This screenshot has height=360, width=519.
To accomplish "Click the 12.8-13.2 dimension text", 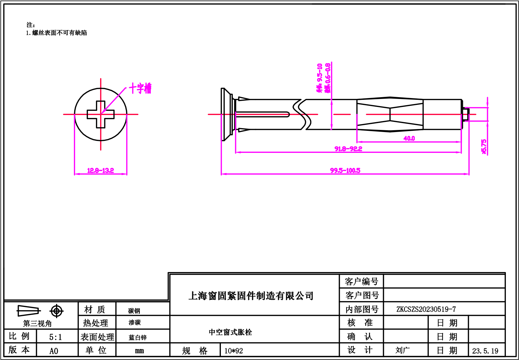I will [100, 170].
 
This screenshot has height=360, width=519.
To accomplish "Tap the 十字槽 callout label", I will [140, 88].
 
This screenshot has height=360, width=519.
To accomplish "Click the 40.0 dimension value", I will [409, 138].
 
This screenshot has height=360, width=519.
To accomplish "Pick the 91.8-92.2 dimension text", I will [348, 149].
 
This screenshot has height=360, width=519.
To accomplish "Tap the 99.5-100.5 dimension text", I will [345, 170].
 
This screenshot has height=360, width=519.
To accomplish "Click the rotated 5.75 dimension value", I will [484, 146].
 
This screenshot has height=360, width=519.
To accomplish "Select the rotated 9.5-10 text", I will [320, 77].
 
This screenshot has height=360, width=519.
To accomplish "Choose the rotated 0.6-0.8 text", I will [327, 77].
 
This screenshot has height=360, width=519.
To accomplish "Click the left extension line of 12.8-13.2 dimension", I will [74, 143].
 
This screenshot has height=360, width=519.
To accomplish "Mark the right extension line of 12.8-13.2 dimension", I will [127, 143].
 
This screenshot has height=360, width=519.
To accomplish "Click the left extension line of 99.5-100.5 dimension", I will [221, 143].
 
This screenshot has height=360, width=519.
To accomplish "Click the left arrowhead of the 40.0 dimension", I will [359, 142].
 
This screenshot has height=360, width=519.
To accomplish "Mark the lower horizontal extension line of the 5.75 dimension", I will [477, 121].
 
